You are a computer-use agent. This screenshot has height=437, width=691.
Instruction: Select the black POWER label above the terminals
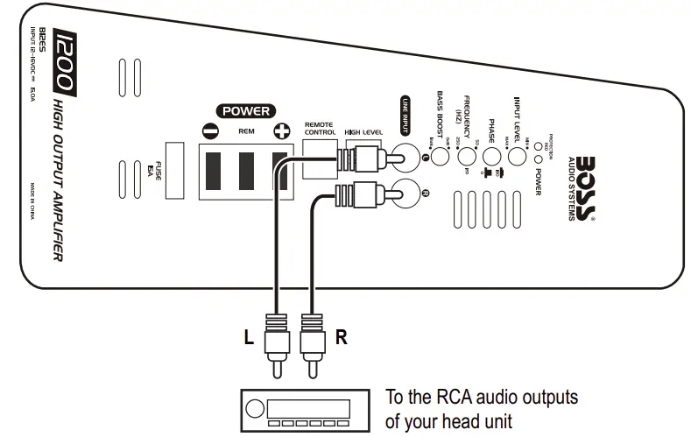(x=246, y=111)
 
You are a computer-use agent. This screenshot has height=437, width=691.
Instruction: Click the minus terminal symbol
(x=210, y=132)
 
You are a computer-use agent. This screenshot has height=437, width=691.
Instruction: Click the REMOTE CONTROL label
(x=320, y=129)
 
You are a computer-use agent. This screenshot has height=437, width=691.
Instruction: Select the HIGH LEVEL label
(x=363, y=132)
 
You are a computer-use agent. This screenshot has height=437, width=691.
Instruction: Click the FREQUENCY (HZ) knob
(x=467, y=157)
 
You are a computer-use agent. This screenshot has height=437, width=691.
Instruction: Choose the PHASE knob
(x=492, y=157)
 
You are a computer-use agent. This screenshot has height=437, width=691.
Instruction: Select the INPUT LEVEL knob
(x=517, y=157)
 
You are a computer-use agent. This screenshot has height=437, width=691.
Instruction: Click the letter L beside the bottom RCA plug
(x=251, y=337)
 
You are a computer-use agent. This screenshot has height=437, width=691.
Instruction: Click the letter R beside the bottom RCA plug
(x=342, y=337)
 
